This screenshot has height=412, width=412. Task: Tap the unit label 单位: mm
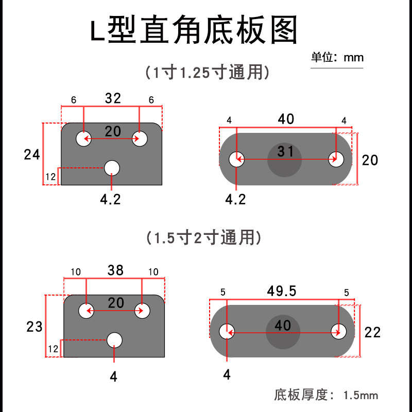(x=337, y=57)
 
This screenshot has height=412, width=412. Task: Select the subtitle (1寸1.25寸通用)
(x=207, y=73)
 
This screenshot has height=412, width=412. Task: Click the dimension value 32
(x=113, y=98)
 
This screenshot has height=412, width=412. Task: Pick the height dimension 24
(x=32, y=154)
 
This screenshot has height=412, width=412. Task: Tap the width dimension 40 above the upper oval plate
(x=286, y=119)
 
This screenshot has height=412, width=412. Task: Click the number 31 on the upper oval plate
(x=285, y=151)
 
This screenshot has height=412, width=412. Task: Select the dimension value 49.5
(x=282, y=291)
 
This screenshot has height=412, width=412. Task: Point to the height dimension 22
(x=372, y=332)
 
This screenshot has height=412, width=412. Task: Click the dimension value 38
(x=116, y=270)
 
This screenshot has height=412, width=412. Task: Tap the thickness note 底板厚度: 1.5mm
(x=326, y=396)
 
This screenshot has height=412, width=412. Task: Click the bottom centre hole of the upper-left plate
(x=112, y=168)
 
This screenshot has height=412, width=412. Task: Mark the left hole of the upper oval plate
(x=237, y=159)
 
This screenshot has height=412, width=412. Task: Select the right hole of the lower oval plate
(x=338, y=331)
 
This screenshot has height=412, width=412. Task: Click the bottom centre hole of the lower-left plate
(x=114, y=339)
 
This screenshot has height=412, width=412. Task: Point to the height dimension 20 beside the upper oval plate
(x=370, y=160)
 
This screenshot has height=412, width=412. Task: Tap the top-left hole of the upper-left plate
(x=83, y=139)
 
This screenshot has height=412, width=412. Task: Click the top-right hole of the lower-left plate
(x=142, y=311)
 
